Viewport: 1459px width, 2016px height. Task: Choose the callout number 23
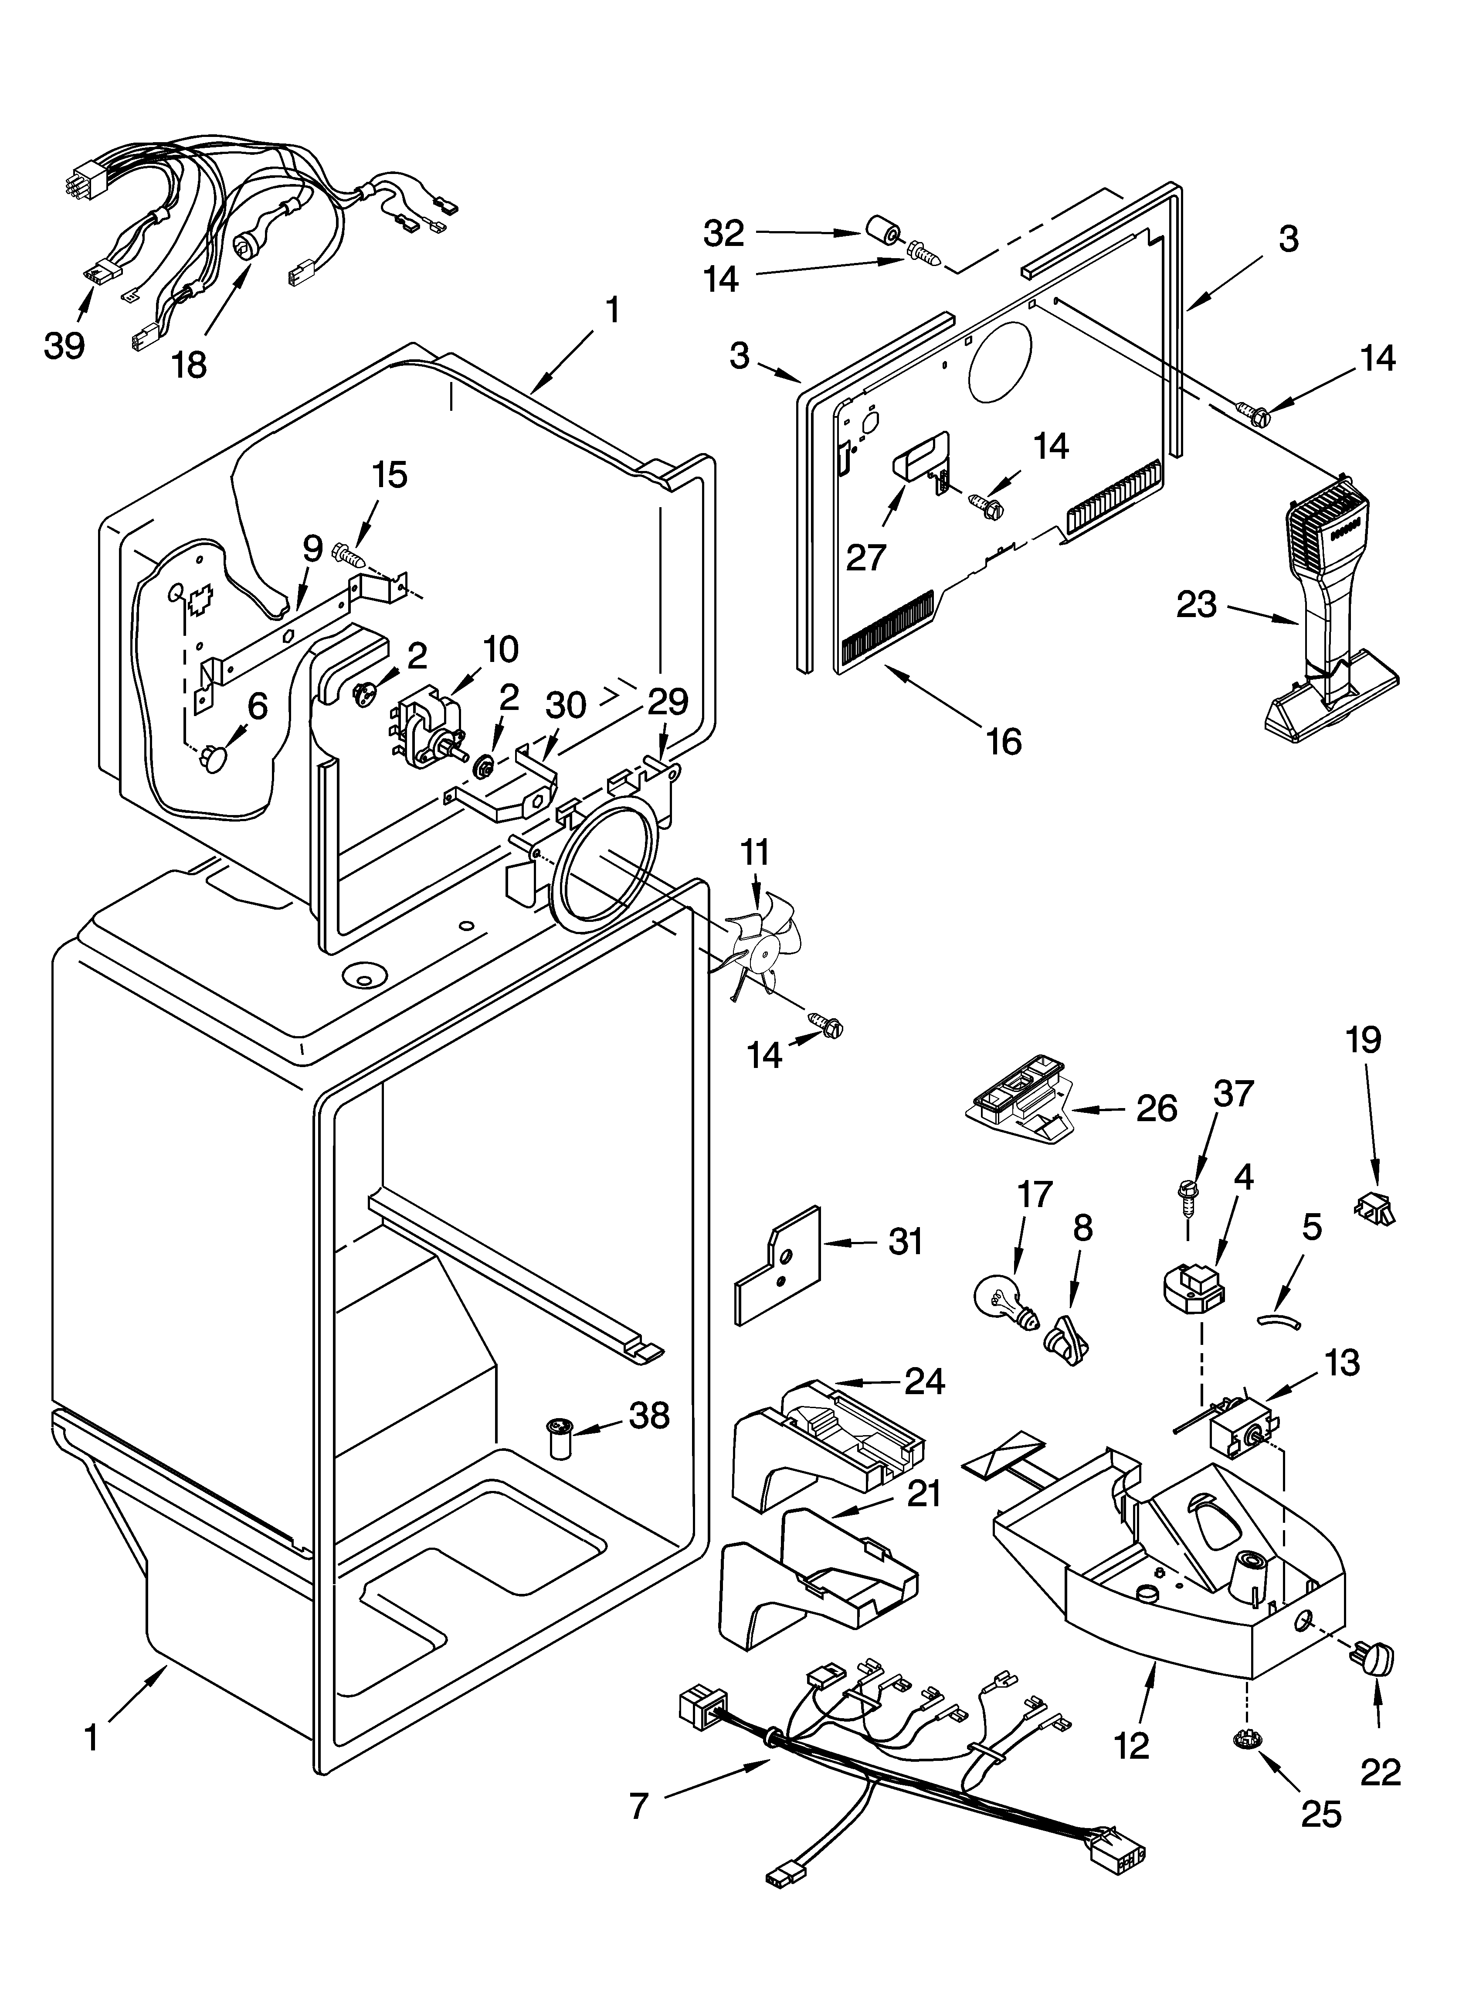point(1196,605)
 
